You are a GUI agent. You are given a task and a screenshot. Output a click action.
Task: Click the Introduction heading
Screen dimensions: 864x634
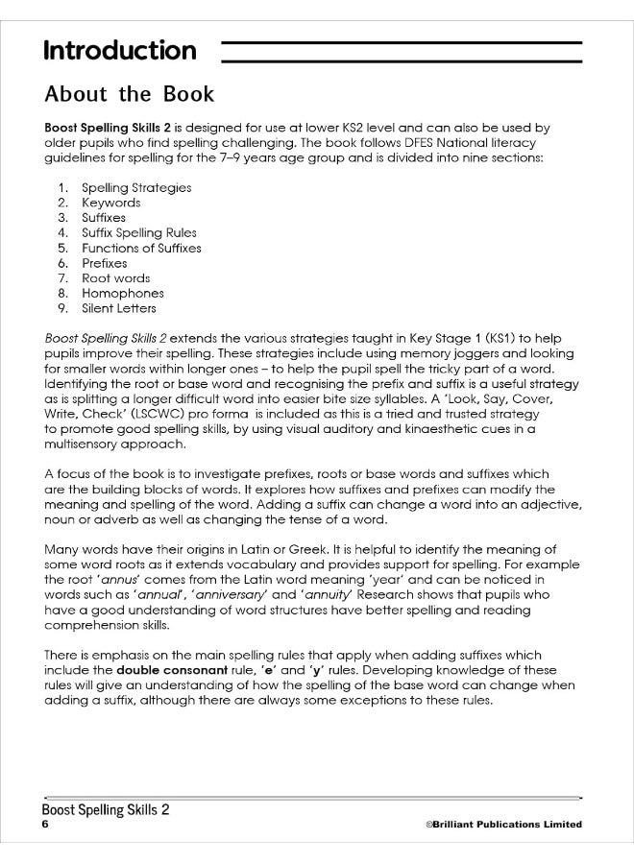(120, 50)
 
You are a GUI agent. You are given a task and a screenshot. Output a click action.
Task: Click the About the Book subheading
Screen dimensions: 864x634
(129, 96)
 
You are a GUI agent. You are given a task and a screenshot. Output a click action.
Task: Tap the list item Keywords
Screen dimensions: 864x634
(110, 203)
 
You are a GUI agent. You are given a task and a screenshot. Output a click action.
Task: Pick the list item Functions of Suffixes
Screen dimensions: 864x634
(141, 248)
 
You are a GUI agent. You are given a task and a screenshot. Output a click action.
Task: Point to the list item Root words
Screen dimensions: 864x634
(115, 278)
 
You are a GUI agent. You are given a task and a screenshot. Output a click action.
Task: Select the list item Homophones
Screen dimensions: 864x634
(122, 293)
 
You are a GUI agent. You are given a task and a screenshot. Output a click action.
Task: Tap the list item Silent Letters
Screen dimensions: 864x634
(118, 308)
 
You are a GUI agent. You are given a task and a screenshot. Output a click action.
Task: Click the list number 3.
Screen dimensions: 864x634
(62, 218)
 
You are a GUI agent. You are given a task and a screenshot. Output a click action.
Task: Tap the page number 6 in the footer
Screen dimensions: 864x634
(44, 825)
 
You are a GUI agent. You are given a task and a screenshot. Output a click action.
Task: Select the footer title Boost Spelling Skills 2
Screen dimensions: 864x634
(107, 809)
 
